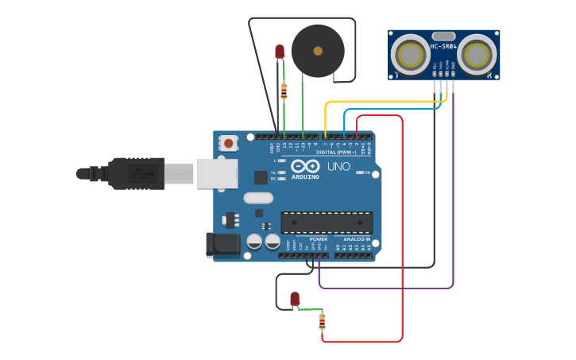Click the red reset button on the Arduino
click(229, 143)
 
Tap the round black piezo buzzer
click(318, 51)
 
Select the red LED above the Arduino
click(280, 52)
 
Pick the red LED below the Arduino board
click(295, 299)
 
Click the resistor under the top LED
click(284, 91)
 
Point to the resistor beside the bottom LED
click(322, 321)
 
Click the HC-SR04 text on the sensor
click(443, 46)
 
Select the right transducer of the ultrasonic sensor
click(476, 55)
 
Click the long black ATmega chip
click(327, 223)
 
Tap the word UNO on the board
click(339, 167)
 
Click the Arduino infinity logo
click(305, 166)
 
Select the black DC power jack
click(222, 245)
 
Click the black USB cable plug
click(135, 173)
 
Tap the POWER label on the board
click(318, 238)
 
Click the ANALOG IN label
click(357, 238)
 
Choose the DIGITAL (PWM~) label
click(336, 152)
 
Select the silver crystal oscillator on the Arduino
click(257, 198)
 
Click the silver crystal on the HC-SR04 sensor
click(443, 36)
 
